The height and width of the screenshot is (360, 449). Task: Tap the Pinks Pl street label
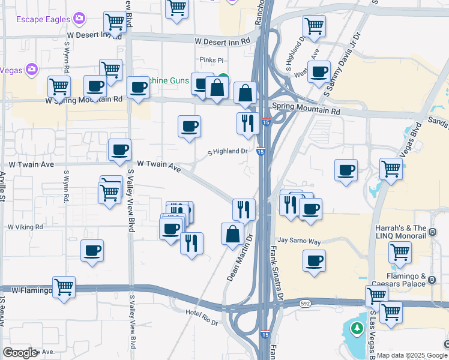tap(211, 60)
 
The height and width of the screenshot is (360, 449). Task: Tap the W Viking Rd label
tap(25, 227)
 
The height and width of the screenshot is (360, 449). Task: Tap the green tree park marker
tap(357, 328)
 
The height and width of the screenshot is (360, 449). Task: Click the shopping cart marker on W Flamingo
tap(64, 287)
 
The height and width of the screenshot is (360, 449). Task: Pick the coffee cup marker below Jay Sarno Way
tap(315, 262)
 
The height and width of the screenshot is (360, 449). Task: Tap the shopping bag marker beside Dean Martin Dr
tap(232, 234)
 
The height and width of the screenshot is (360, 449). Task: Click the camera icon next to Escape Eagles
tap(79, 19)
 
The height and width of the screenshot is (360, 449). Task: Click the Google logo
tap(20, 353)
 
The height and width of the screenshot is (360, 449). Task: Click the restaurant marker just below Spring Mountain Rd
tap(248, 124)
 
